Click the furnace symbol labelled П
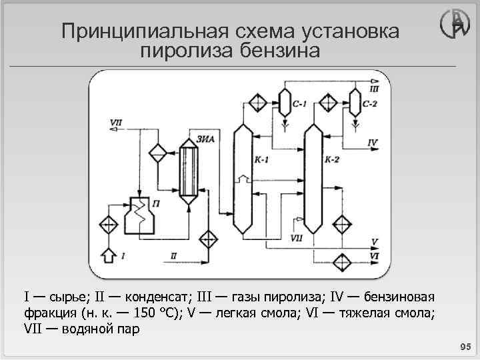click(140, 216)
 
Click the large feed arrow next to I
click(107, 255)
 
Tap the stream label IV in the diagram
click(372, 143)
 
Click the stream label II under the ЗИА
click(173, 255)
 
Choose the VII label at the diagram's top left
click(116, 122)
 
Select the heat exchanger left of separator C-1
click(255, 103)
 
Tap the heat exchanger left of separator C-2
click(327, 103)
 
